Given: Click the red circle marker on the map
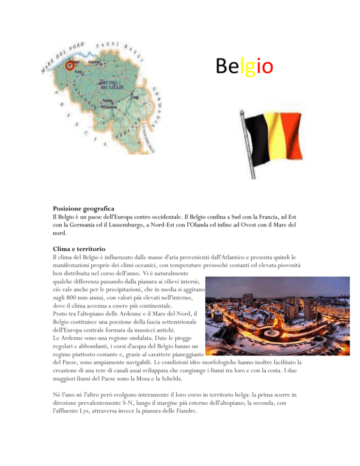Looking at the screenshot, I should (70, 65).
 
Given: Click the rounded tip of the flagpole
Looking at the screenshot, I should (242, 111).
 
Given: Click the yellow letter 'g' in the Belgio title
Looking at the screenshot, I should (248, 67).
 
